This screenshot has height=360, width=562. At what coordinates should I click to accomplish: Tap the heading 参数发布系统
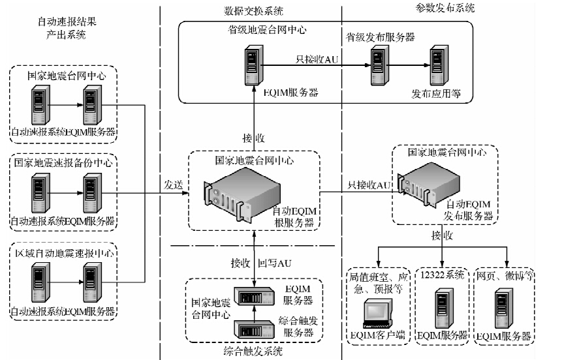tap(445, 8)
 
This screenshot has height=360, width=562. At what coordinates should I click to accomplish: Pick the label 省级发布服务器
tap(381, 37)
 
